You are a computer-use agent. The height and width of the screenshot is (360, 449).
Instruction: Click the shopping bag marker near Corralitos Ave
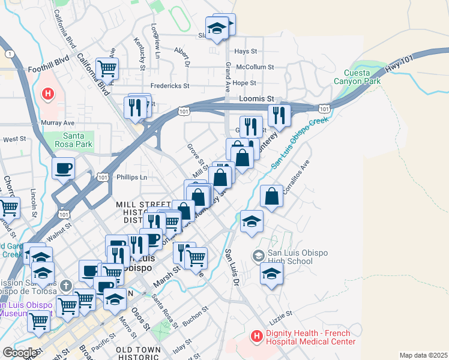click(272, 196)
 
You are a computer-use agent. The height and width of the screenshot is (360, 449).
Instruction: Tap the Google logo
click(19, 352)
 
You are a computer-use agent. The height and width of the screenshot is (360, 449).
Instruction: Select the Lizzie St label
click(280, 313)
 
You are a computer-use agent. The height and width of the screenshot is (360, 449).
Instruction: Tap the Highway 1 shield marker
click(9, 54)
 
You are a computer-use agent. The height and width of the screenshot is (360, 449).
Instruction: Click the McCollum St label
click(255, 67)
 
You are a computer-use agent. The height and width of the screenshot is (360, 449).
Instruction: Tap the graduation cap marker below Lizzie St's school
click(271, 274)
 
